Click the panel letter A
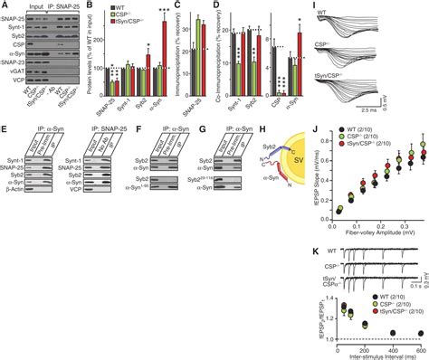coord(5,7)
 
